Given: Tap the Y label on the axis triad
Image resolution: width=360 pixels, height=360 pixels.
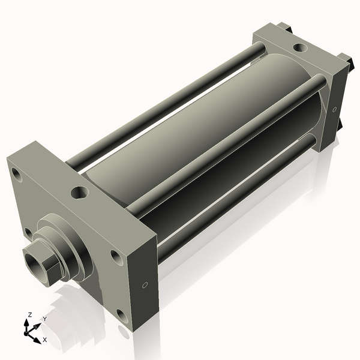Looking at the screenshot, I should coord(44,319).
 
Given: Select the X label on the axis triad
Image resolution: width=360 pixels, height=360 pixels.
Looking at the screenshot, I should coord(45,340).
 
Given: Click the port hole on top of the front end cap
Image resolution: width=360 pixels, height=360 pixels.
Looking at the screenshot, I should coord(79,193).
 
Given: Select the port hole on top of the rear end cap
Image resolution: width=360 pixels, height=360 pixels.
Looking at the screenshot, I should coord(298,47).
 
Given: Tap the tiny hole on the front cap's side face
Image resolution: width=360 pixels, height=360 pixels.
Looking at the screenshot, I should coord(144,285).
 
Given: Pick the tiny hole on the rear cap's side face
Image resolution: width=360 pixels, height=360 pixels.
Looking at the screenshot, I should coord(334,109).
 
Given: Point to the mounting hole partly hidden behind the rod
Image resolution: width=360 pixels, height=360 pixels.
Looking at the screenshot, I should coord(28,232).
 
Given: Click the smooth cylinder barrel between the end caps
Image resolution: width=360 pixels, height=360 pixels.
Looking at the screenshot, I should coord(198,132).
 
